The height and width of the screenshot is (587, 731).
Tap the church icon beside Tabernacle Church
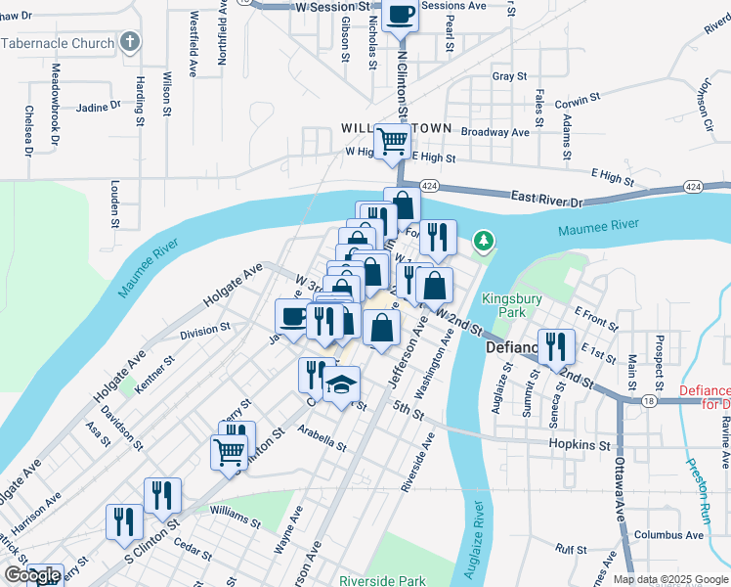click(130, 42)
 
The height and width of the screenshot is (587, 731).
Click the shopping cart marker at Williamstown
click(393, 141)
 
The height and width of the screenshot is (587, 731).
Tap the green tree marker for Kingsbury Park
click(482, 241)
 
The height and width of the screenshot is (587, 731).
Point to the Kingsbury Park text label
click(504, 305)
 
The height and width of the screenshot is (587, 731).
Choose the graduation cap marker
click(342, 384)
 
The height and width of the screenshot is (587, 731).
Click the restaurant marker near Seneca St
click(556, 345)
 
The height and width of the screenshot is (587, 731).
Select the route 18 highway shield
click(649, 401)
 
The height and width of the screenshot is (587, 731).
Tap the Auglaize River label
click(477, 534)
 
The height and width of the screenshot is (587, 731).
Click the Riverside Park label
click(382, 580)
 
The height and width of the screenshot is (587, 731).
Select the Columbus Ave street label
click(668, 535)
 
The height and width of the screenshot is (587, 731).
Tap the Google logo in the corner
click(31, 575)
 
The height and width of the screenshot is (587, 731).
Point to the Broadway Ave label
click(494, 132)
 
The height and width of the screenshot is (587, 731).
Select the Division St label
click(204, 331)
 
